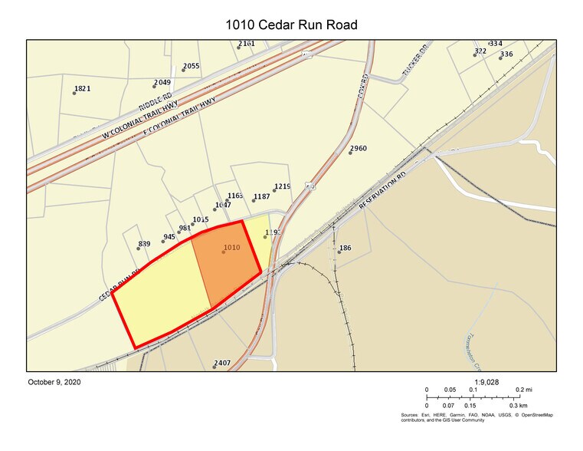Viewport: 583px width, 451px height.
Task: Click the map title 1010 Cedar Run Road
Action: [291, 25]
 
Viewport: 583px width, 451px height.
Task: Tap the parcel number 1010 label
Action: [231, 248]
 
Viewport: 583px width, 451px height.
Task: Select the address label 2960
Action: [359, 148]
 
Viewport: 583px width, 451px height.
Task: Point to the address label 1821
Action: [82, 88]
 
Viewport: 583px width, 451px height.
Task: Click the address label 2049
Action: [162, 82]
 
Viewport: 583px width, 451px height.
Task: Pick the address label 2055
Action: [191, 66]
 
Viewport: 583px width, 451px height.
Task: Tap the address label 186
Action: [345, 248]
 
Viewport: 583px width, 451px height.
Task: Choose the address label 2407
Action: [222, 363]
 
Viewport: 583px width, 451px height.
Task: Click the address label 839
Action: [144, 244]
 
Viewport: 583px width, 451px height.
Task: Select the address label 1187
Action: [261, 196]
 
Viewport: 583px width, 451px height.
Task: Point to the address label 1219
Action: [282, 186]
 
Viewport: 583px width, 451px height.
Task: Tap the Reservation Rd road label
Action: [389, 191]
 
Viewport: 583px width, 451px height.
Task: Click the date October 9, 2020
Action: [54, 381]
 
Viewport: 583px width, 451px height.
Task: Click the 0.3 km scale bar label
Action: [519, 405]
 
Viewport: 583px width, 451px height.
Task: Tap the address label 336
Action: [506, 54]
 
